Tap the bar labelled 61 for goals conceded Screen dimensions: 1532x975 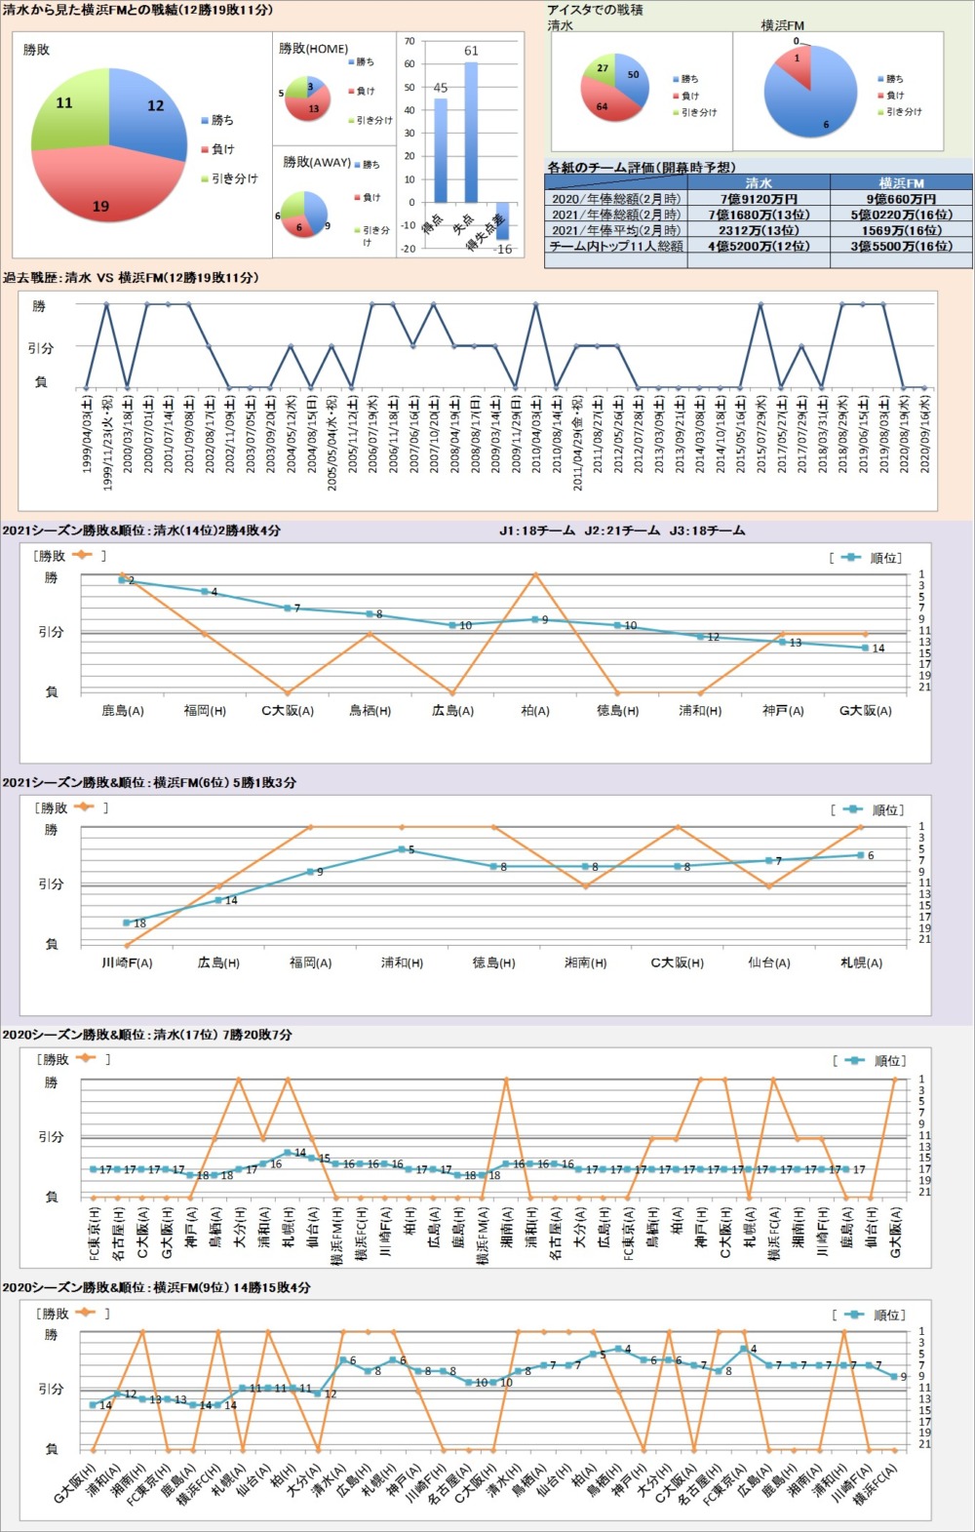pyautogui.click(x=471, y=132)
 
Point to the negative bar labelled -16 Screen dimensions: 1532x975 pyautogui.click(x=503, y=221)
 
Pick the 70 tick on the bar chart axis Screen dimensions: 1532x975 pyautogui.click(x=409, y=41)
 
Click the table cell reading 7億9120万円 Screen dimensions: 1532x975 pyautogui.click(x=759, y=199)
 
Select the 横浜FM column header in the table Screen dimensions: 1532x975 pyautogui.click(x=901, y=182)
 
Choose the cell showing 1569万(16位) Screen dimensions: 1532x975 pyautogui.click(x=901, y=230)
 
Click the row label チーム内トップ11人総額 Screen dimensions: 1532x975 pyautogui.click(x=616, y=247)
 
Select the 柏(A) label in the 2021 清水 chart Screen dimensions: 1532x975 pyautogui.click(x=535, y=711)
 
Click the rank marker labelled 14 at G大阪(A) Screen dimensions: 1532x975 pyautogui.click(x=865, y=648)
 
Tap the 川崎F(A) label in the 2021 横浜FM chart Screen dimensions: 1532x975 pyautogui.click(x=127, y=962)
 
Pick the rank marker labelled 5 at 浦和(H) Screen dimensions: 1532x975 pyautogui.click(x=402, y=849)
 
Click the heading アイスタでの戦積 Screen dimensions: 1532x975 pyautogui.click(x=595, y=10)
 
